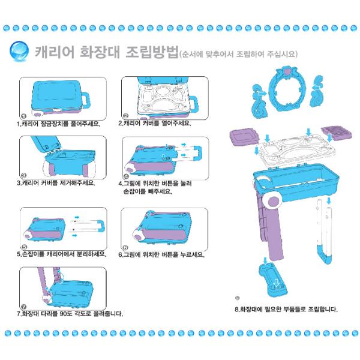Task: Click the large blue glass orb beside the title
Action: point(19,51)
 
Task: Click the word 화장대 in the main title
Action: point(100,52)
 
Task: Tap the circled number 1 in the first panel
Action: point(24,116)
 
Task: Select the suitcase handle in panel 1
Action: point(85,101)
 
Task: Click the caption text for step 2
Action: point(155,123)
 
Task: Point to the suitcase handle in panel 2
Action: point(194,104)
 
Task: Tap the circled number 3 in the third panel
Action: point(23,176)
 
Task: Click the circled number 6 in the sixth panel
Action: point(125,247)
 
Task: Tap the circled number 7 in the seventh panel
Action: point(24,307)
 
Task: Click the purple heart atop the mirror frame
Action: point(287,71)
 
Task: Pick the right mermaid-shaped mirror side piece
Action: point(317,91)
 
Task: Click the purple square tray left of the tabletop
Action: point(244,137)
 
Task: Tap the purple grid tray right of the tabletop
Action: point(337,133)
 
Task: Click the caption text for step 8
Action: point(286,309)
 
